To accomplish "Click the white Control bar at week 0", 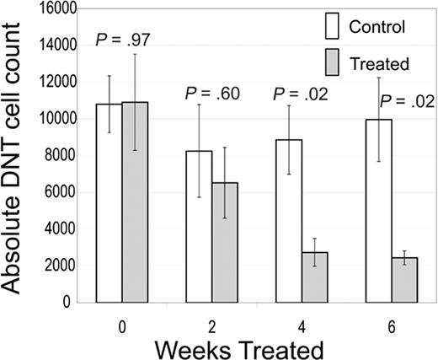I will coord(109,202).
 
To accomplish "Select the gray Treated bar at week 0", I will coord(135,201).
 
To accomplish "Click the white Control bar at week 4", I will coord(289,220).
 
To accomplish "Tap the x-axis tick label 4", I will coord(302,320).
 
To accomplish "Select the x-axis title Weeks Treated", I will coord(253,347).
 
